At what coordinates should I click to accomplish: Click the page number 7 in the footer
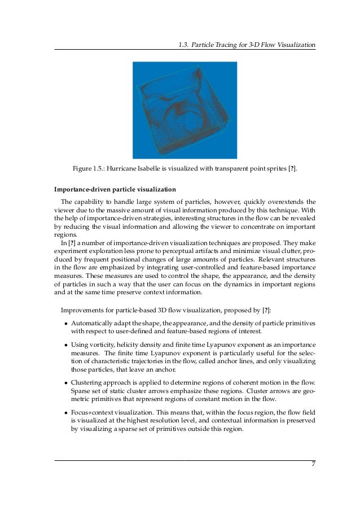313,465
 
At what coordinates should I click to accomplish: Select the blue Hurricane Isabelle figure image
185,110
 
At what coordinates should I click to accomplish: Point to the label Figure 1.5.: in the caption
89,168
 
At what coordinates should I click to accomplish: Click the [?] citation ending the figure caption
291,168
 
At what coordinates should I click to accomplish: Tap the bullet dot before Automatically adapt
66,323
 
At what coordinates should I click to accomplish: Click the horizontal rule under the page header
185,50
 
